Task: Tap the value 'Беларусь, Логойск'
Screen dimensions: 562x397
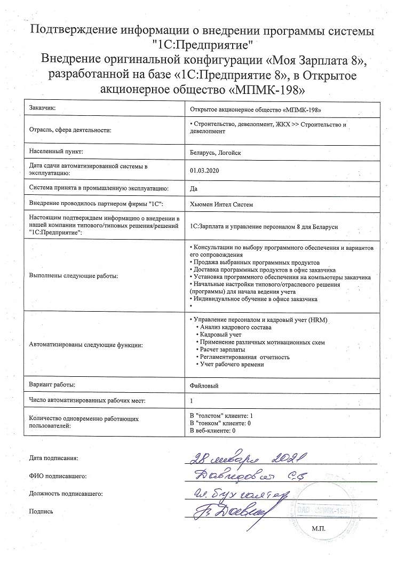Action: coord(216,152)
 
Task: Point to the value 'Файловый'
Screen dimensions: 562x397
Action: coord(204,385)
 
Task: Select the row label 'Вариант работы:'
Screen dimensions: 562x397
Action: coord(52,384)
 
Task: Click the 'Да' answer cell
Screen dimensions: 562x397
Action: coord(194,188)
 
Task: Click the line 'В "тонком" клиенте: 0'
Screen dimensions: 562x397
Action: coord(220,423)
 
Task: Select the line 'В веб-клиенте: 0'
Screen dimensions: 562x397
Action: coord(213,430)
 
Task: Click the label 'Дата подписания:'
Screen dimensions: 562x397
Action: coord(54,458)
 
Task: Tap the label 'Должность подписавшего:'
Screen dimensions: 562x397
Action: coord(66,493)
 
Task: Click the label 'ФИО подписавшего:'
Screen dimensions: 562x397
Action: coord(58,476)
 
